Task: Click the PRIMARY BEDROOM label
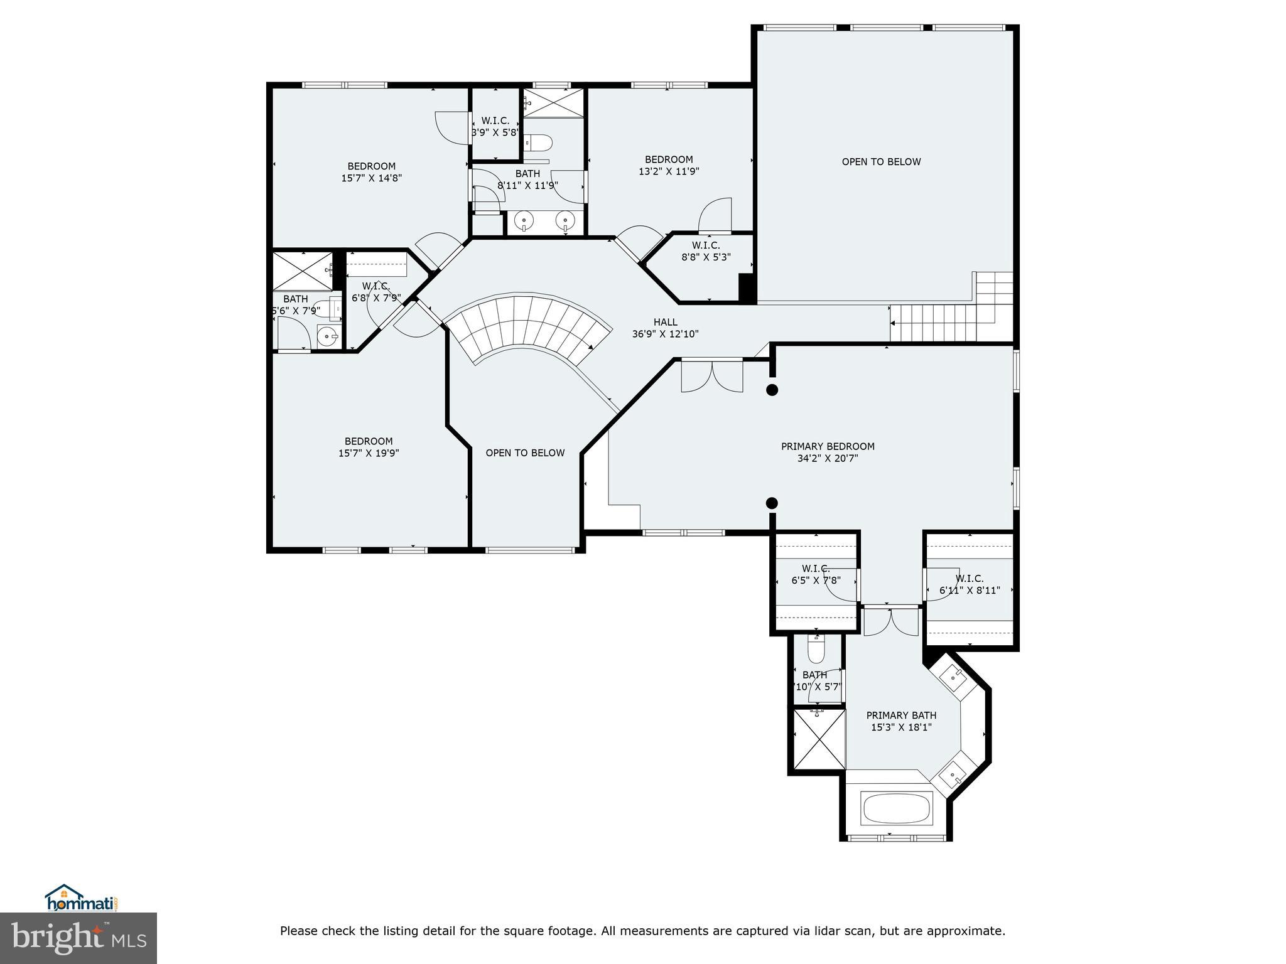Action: tap(827, 446)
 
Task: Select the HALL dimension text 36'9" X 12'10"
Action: tap(665, 335)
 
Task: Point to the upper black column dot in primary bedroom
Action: tap(772, 390)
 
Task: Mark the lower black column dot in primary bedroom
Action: tap(772, 503)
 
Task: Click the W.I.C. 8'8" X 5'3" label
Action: tap(706, 251)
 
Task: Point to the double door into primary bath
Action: tap(890, 623)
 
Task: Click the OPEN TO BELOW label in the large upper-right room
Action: tap(881, 162)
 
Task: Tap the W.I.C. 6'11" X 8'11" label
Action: tap(970, 584)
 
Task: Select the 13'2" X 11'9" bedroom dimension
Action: tap(669, 171)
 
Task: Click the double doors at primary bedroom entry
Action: tap(712, 377)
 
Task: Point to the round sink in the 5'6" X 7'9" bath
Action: tap(327, 336)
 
